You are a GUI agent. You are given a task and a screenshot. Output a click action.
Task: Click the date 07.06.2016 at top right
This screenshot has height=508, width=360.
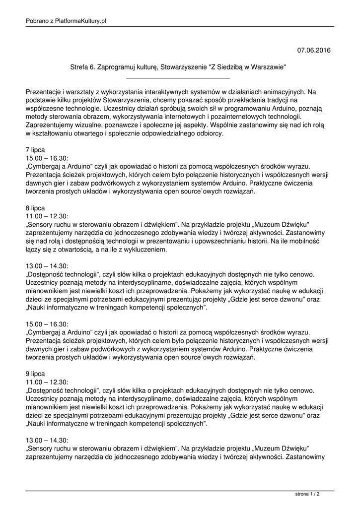click(314, 50)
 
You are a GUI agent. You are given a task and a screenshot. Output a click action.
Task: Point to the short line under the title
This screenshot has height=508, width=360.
click(178, 78)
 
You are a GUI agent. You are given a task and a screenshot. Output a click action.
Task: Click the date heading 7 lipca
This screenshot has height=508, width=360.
click(35, 149)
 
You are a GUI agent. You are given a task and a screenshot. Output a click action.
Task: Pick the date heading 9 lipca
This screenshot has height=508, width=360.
click(35, 373)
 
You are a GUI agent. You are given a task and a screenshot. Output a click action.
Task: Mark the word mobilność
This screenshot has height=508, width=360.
click(301, 242)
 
